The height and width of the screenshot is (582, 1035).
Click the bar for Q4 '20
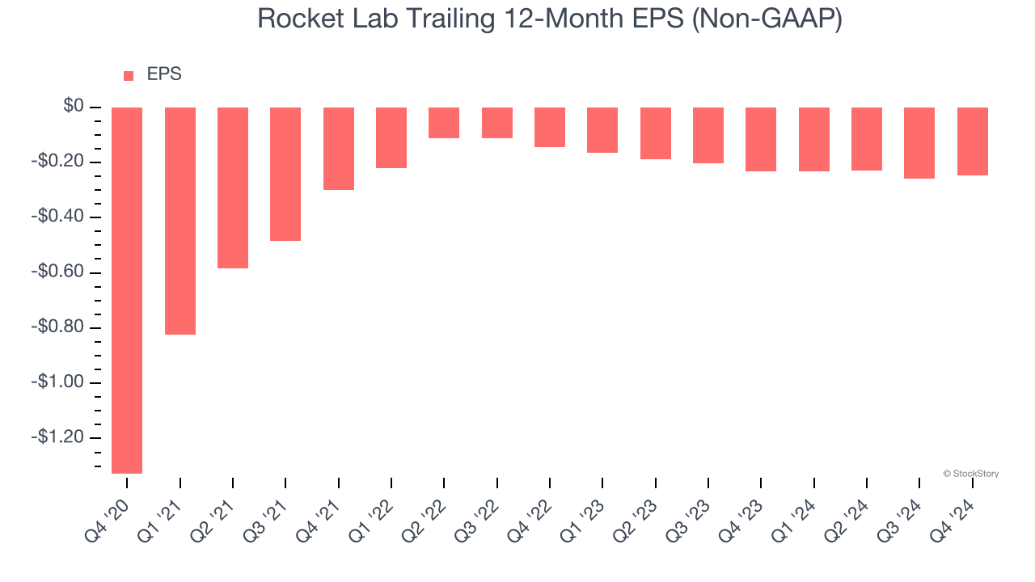tap(127, 290)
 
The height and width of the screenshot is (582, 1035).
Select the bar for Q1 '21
tap(180, 221)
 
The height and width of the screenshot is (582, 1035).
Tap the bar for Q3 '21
tap(285, 174)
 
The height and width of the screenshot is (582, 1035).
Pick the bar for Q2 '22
tap(444, 123)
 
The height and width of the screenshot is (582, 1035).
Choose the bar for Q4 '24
tap(972, 141)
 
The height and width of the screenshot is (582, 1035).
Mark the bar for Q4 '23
tap(761, 139)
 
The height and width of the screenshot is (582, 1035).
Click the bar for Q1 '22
tap(391, 137)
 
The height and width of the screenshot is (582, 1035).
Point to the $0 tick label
tap(74, 107)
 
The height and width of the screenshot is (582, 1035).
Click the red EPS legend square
tap(129, 76)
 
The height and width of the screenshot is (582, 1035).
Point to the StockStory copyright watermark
tap(971, 474)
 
